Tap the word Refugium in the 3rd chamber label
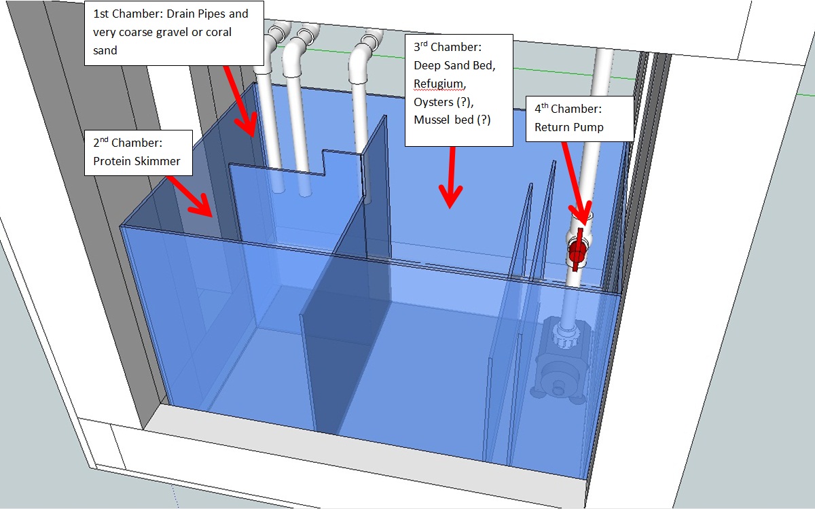click(x=439, y=84)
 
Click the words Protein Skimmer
click(x=137, y=161)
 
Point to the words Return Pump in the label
click(x=568, y=127)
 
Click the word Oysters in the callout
click(x=433, y=102)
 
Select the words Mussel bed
click(x=443, y=120)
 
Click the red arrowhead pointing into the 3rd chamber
click(x=450, y=196)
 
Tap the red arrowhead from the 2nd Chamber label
click(x=201, y=206)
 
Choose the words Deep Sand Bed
click(x=454, y=65)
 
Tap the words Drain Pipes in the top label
click(x=196, y=14)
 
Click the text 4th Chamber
click(x=568, y=109)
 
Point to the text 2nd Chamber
click(x=128, y=142)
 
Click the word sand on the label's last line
click(x=105, y=50)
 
